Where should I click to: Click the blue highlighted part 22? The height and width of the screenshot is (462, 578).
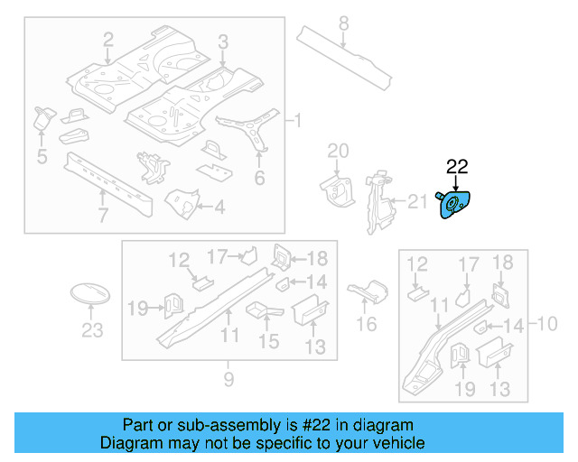click(x=457, y=204)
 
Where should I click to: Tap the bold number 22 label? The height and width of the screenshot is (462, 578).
click(x=457, y=166)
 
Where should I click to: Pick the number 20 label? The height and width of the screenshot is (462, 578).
click(x=337, y=151)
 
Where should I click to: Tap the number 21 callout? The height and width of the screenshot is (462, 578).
click(x=417, y=201)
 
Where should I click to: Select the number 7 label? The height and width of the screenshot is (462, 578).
click(x=103, y=215)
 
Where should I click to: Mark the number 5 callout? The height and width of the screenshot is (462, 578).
click(x=42, y=159)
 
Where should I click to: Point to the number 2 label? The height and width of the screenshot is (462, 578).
click(x=108, y=39)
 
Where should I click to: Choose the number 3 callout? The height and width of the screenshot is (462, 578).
click(x=223, y=40)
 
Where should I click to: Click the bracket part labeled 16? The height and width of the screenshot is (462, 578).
click(x=365, y=293)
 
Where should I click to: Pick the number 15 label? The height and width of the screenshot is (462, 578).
click(x=269, y=341)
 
